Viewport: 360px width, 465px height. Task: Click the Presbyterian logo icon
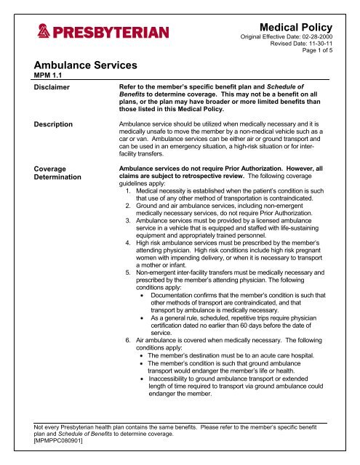click(x=44, y=33)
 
